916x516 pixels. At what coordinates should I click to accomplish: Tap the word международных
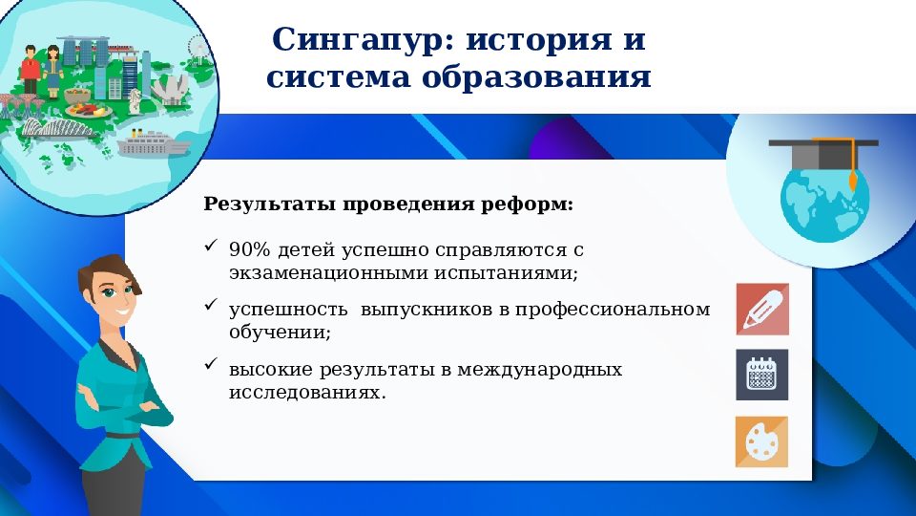point(541,370)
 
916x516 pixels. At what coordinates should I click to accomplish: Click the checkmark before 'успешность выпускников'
point(211,307)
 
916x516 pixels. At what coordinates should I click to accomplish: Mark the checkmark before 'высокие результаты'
point(211,367)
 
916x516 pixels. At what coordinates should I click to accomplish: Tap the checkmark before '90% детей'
point(211,247)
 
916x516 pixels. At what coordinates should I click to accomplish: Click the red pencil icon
point(761,309)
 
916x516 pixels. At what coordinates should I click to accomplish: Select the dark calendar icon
point(761,375)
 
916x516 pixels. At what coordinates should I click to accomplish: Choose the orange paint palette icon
point(761,441)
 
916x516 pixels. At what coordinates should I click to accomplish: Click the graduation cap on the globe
point(822,153)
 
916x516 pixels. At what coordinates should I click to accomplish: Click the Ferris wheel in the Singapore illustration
point(198,45)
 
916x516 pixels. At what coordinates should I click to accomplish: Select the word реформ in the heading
point(541,204)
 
